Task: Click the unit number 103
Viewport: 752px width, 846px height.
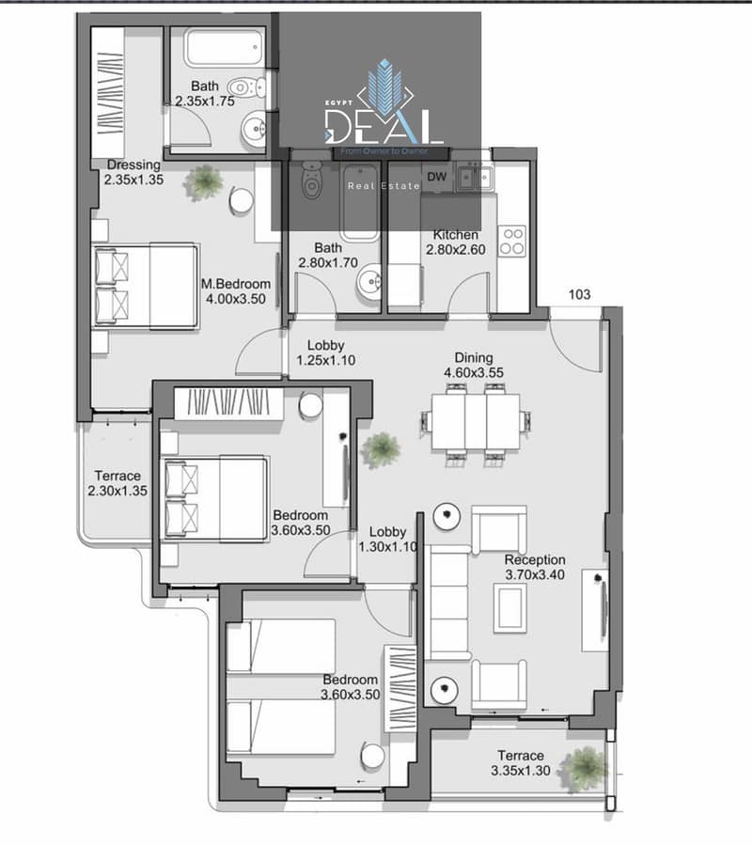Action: [x=579, y=294]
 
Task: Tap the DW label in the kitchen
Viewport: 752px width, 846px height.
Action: [x=437, y=177]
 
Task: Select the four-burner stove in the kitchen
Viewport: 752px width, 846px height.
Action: [x=511, y=241]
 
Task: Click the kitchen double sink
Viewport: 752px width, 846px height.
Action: [x=475, y=177]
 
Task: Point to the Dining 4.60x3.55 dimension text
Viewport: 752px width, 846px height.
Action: [x=474, y=372]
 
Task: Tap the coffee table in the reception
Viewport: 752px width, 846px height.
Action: [x=509, y=608]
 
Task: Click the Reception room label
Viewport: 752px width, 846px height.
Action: [x=535, y=560]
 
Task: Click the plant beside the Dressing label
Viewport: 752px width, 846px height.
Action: [x=203, y=181]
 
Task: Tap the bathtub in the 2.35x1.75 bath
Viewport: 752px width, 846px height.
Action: [x=225, y=48]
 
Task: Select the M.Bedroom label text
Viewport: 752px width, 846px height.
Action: [x=236, y=284]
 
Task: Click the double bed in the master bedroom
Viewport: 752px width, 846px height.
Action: [x=147, y=286]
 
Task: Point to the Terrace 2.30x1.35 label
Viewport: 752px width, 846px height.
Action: [x=117, y=483]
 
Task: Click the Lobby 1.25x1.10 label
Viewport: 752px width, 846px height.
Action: [x=326, y=352]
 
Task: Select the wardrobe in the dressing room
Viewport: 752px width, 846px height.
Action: [x=108, y=93]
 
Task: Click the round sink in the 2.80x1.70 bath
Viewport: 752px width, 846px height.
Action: [x=369, y=280]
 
